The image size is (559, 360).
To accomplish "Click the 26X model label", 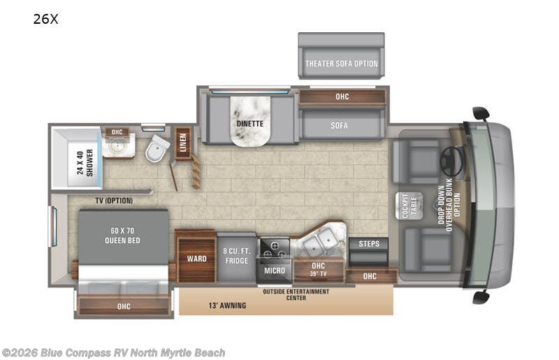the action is pyautogui.click(x=45, y=19).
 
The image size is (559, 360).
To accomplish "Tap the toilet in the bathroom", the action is pyautogui.click(x=157, y=148).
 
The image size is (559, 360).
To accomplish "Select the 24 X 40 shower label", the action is pyautogui.click(x=85, y=163).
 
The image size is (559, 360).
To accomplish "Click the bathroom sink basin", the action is pyautogui.click(x=116, y=146).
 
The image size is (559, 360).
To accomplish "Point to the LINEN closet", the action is pyautogui.click(x=183, y=143).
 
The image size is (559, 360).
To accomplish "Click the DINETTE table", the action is pyautogui.click(x=250, y=121).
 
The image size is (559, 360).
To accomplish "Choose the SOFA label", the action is pyautogui.click(x=339, y=126).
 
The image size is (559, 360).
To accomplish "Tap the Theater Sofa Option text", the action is pyautogui.click(x=342, y=64).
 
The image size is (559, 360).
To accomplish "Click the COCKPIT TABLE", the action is pyautogui.click(x=409, y=206).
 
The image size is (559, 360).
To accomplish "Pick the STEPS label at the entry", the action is pyautogui.click(x=369, y=244).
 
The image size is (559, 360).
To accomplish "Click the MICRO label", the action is pyautogui.click(x=275, y=271).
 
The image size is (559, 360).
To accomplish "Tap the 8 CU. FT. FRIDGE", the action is pyautogui.click(x=236, y=257).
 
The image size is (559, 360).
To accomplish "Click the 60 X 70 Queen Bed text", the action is pyautogui.click(x=122, y=236).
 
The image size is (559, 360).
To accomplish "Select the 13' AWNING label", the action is pyautogui.click(x=228, y=305).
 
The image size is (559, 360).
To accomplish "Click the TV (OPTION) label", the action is pyautogui.click(x=114, y=201).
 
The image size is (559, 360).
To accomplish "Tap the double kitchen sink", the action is pyautogui.click(x=320, y=240).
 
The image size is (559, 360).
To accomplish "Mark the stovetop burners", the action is pyautogui.click(x=275, y=250).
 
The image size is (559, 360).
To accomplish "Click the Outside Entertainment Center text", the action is pyautogui.click(x=296, y=294).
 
